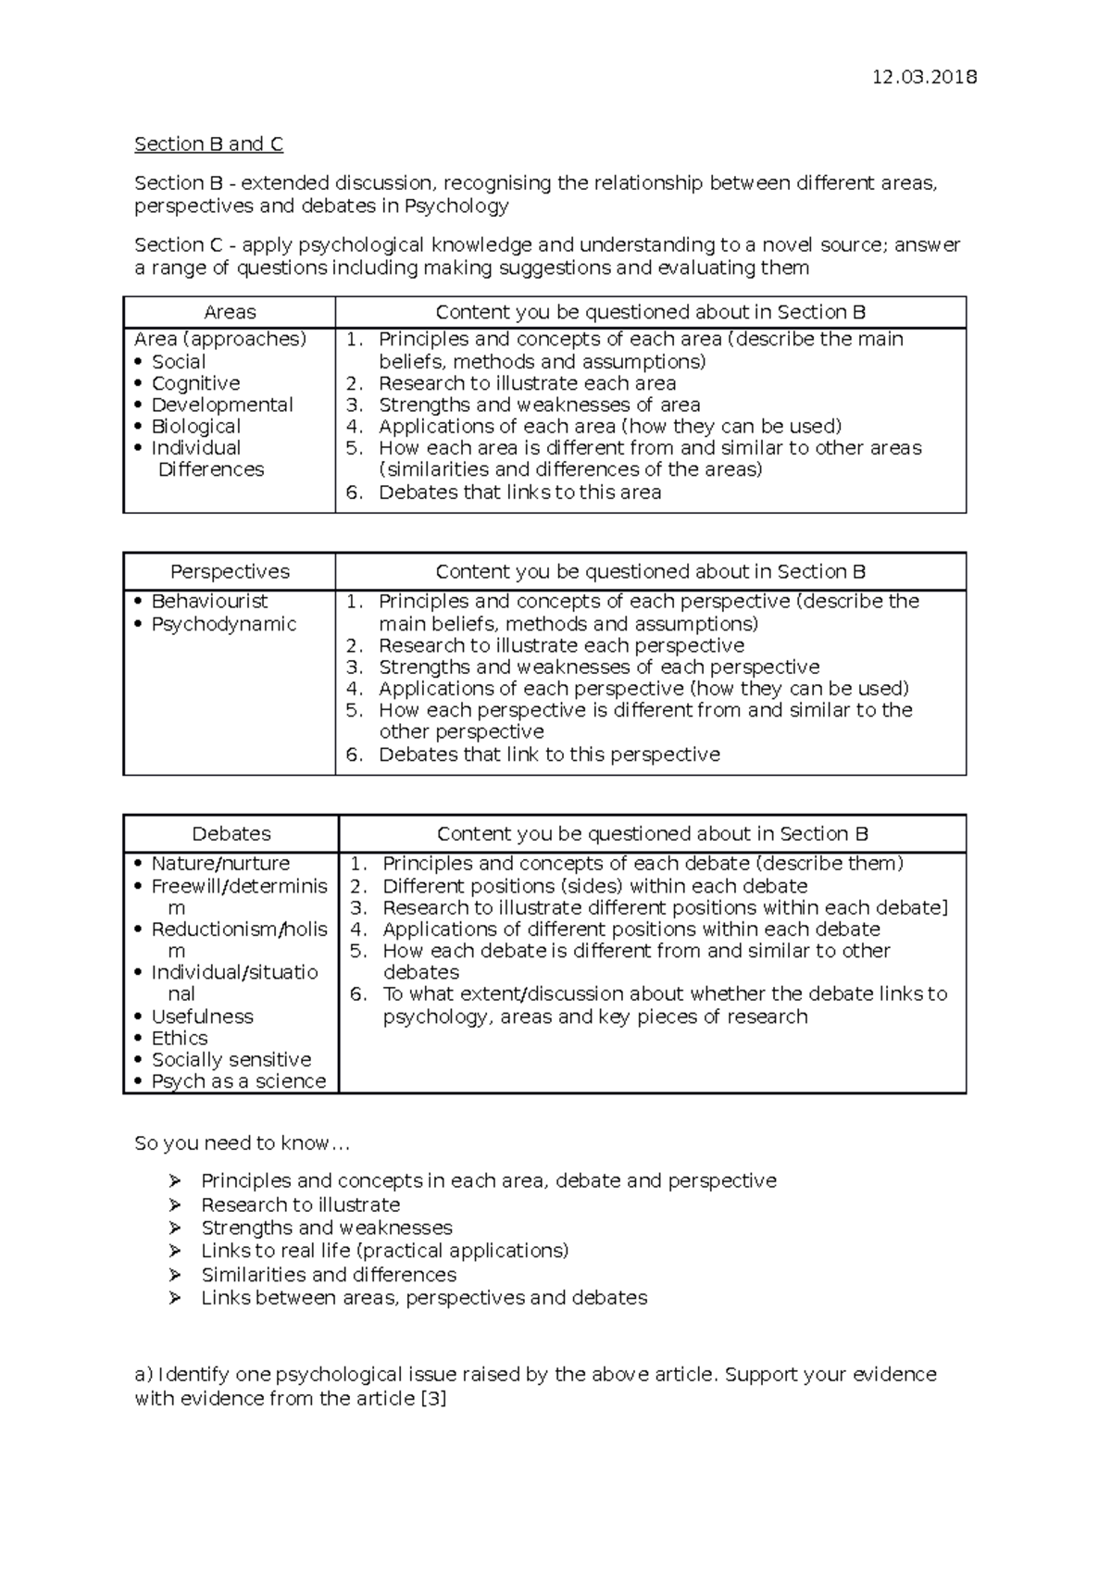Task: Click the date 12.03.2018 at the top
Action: click(924, 77)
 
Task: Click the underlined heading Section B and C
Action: click(208, 143)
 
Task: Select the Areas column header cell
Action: click(230, 312)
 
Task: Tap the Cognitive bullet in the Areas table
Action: click(195, 383)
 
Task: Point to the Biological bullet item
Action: click(195, 426)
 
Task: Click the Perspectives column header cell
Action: click(230, 571)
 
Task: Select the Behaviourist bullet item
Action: click(209, 601)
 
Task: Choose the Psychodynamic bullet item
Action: click(223, 624)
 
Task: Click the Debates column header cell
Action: click(231, 833)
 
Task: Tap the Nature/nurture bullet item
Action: click(220, 863)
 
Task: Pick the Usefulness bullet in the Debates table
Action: click(202, 1016)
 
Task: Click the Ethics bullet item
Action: click(180, 1038)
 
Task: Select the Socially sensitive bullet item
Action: click(231, 1059)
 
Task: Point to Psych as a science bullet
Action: click(238, 1081)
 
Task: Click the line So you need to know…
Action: click(242, 1142)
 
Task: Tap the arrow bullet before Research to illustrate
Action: click(175, 1204)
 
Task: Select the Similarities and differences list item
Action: click(329, 1274)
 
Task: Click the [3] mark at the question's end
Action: click(433, 1398)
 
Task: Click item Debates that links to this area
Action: click(519, 493)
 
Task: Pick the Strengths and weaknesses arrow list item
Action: click(326, 1228)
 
